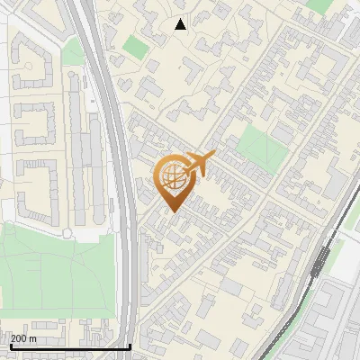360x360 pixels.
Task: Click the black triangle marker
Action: click(x=181, y=24)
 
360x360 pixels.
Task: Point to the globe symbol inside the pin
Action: click(x=172, y=176)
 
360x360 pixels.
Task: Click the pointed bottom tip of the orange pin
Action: click(x=173, y=211)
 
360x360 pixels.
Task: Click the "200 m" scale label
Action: click(x=23, y=338)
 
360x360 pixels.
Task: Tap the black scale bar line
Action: click(x=67, y=346)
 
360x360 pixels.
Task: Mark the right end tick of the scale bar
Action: click(x=130, y=346)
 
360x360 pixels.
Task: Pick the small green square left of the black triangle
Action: click(x=136, y=46)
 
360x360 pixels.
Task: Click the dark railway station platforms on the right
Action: click(x=320, y=260)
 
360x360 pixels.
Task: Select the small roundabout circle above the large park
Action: click(x=67, y=233)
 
